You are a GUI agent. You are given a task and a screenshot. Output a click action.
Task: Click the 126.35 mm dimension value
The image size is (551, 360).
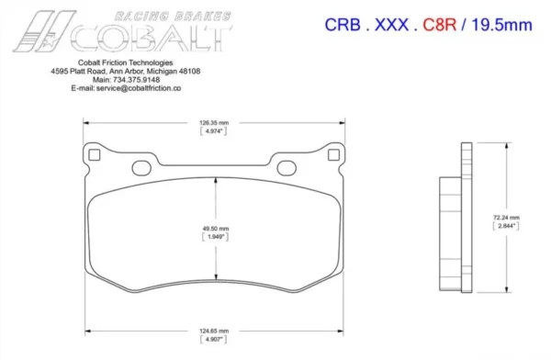tap(214, 123)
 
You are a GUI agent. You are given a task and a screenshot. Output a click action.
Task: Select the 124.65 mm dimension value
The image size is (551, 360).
tap(214, 331)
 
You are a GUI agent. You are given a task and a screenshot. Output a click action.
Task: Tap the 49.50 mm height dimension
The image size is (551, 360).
tap(216, 229)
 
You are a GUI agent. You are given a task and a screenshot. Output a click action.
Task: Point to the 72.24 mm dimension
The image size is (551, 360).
tap(506, 218)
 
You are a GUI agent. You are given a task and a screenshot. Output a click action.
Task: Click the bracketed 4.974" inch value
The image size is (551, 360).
tap(214, 131)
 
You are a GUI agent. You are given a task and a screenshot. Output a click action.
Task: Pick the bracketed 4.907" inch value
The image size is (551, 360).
tap(214, 339)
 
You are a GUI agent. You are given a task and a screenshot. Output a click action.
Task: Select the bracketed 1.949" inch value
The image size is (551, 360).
tap(216, 237)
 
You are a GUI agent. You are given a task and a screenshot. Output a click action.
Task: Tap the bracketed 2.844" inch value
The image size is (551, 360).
tap(506, 226)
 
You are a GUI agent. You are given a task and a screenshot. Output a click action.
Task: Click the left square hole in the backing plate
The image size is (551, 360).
tap(95, 154)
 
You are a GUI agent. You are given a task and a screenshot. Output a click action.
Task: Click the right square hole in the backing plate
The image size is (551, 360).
tap(333, 154)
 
